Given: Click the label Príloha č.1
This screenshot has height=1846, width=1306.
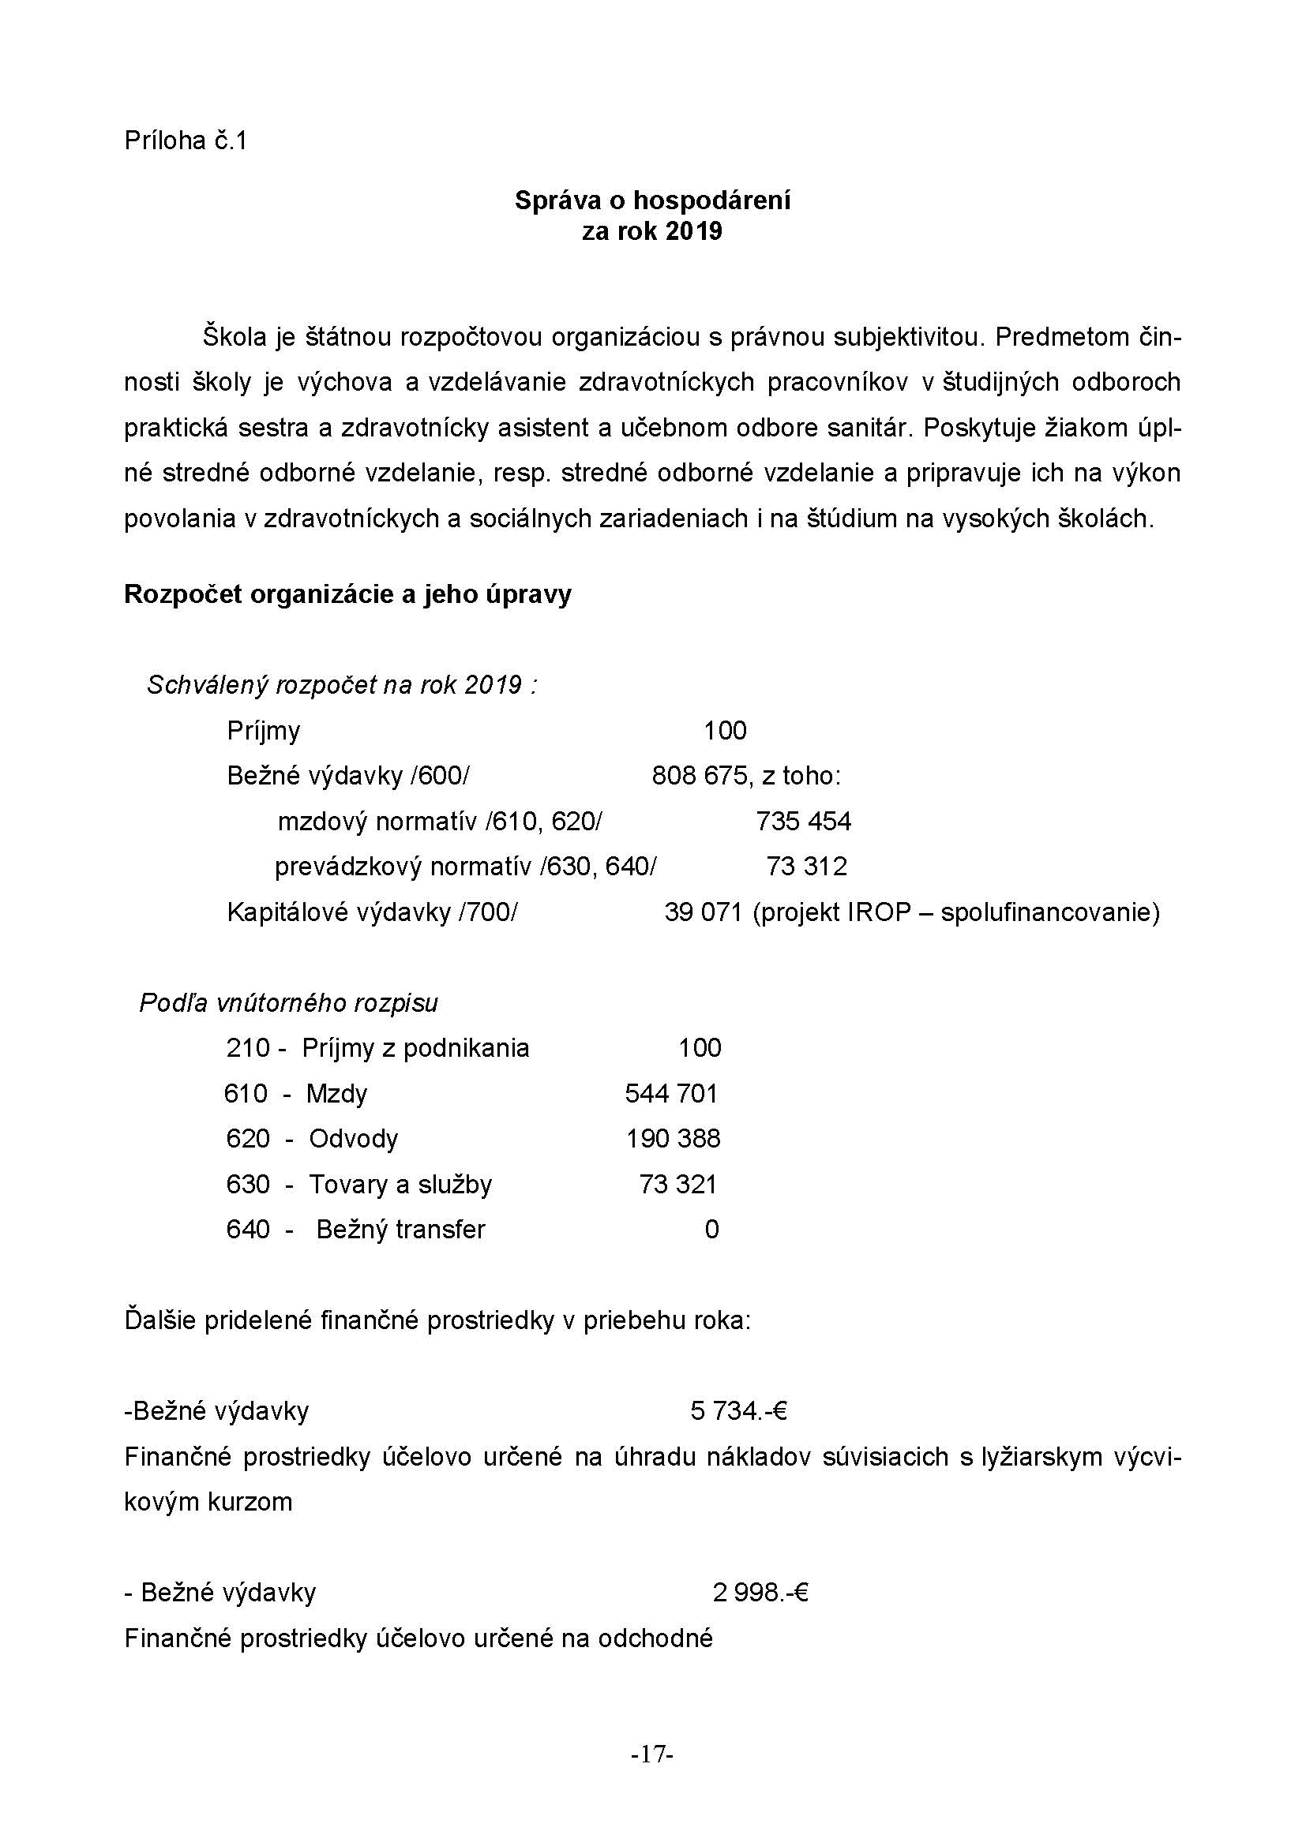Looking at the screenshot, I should point(186,140).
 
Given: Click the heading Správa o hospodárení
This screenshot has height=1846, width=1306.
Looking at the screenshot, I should point(652,200).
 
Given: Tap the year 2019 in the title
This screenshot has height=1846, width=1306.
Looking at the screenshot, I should point(694,231).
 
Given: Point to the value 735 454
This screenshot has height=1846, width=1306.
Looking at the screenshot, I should point(803,821).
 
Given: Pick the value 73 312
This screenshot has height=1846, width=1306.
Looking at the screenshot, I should point(807,866).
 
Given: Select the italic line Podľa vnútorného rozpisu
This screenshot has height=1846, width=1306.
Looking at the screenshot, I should point(289,1002).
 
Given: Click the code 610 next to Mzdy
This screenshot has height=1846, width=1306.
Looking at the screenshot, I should point(246,1093).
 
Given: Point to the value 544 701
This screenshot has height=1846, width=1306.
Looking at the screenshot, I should point(671,1093).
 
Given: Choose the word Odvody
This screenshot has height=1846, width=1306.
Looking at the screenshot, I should point(354,1139).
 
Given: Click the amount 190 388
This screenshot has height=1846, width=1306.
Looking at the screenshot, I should point(673,1139).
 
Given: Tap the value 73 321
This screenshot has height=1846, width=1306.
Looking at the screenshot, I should point(678,1184).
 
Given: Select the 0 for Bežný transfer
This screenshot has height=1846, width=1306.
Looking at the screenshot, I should point(711,1230).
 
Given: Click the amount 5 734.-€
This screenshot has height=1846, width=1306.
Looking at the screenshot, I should point(738,1410).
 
